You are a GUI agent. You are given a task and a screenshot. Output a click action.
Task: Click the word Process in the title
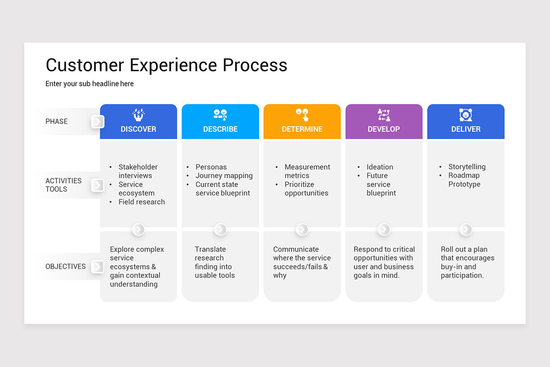point(255,65)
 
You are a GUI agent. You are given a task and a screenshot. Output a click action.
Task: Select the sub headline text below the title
point(89,84)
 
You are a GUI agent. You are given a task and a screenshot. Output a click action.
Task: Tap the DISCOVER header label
point(138,129)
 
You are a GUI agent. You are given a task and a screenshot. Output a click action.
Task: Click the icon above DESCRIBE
point(220,115)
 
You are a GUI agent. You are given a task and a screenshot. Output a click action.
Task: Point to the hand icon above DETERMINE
point(302,115)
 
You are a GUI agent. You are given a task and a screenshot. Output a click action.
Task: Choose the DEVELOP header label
point(384,129)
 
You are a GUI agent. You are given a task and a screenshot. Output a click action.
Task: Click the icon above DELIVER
point(466,115)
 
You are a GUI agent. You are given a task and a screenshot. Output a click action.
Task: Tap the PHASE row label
point(56,122)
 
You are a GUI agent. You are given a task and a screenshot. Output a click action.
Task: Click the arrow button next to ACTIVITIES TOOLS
point(98,185)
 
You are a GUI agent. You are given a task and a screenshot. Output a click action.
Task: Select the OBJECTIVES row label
point(66,267)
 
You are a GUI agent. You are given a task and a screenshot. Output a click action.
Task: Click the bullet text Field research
point(142,202)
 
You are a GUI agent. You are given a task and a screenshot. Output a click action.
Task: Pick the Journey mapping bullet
point(224,176)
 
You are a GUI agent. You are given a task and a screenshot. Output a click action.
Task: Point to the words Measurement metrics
point(307,171)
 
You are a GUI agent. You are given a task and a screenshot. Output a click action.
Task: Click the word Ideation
point(379,167)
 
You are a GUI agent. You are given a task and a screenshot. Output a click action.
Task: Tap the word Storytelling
point(467,167)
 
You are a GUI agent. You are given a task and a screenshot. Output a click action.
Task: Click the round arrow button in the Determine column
point(302,229)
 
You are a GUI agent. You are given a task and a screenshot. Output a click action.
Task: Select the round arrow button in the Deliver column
point(466,229)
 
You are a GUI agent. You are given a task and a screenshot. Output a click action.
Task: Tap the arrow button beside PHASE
point(98,122)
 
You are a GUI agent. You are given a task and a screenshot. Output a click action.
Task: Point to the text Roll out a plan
point(464,250)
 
